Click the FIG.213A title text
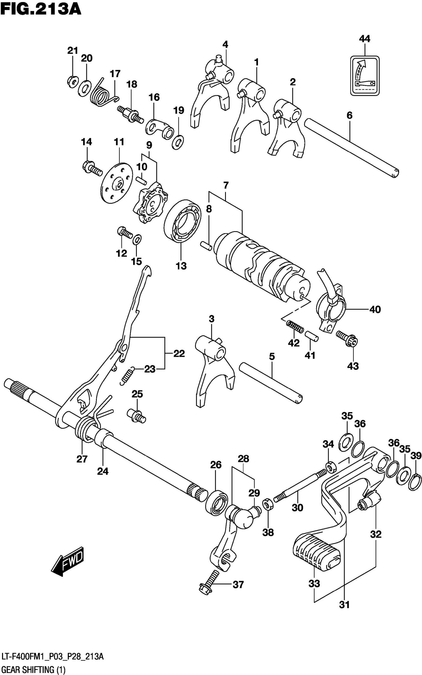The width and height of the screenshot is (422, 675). [41, 9]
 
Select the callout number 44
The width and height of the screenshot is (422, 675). [364, 39]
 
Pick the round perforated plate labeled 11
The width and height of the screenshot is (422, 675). [116, 183]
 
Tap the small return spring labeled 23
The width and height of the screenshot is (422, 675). [128, 376]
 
